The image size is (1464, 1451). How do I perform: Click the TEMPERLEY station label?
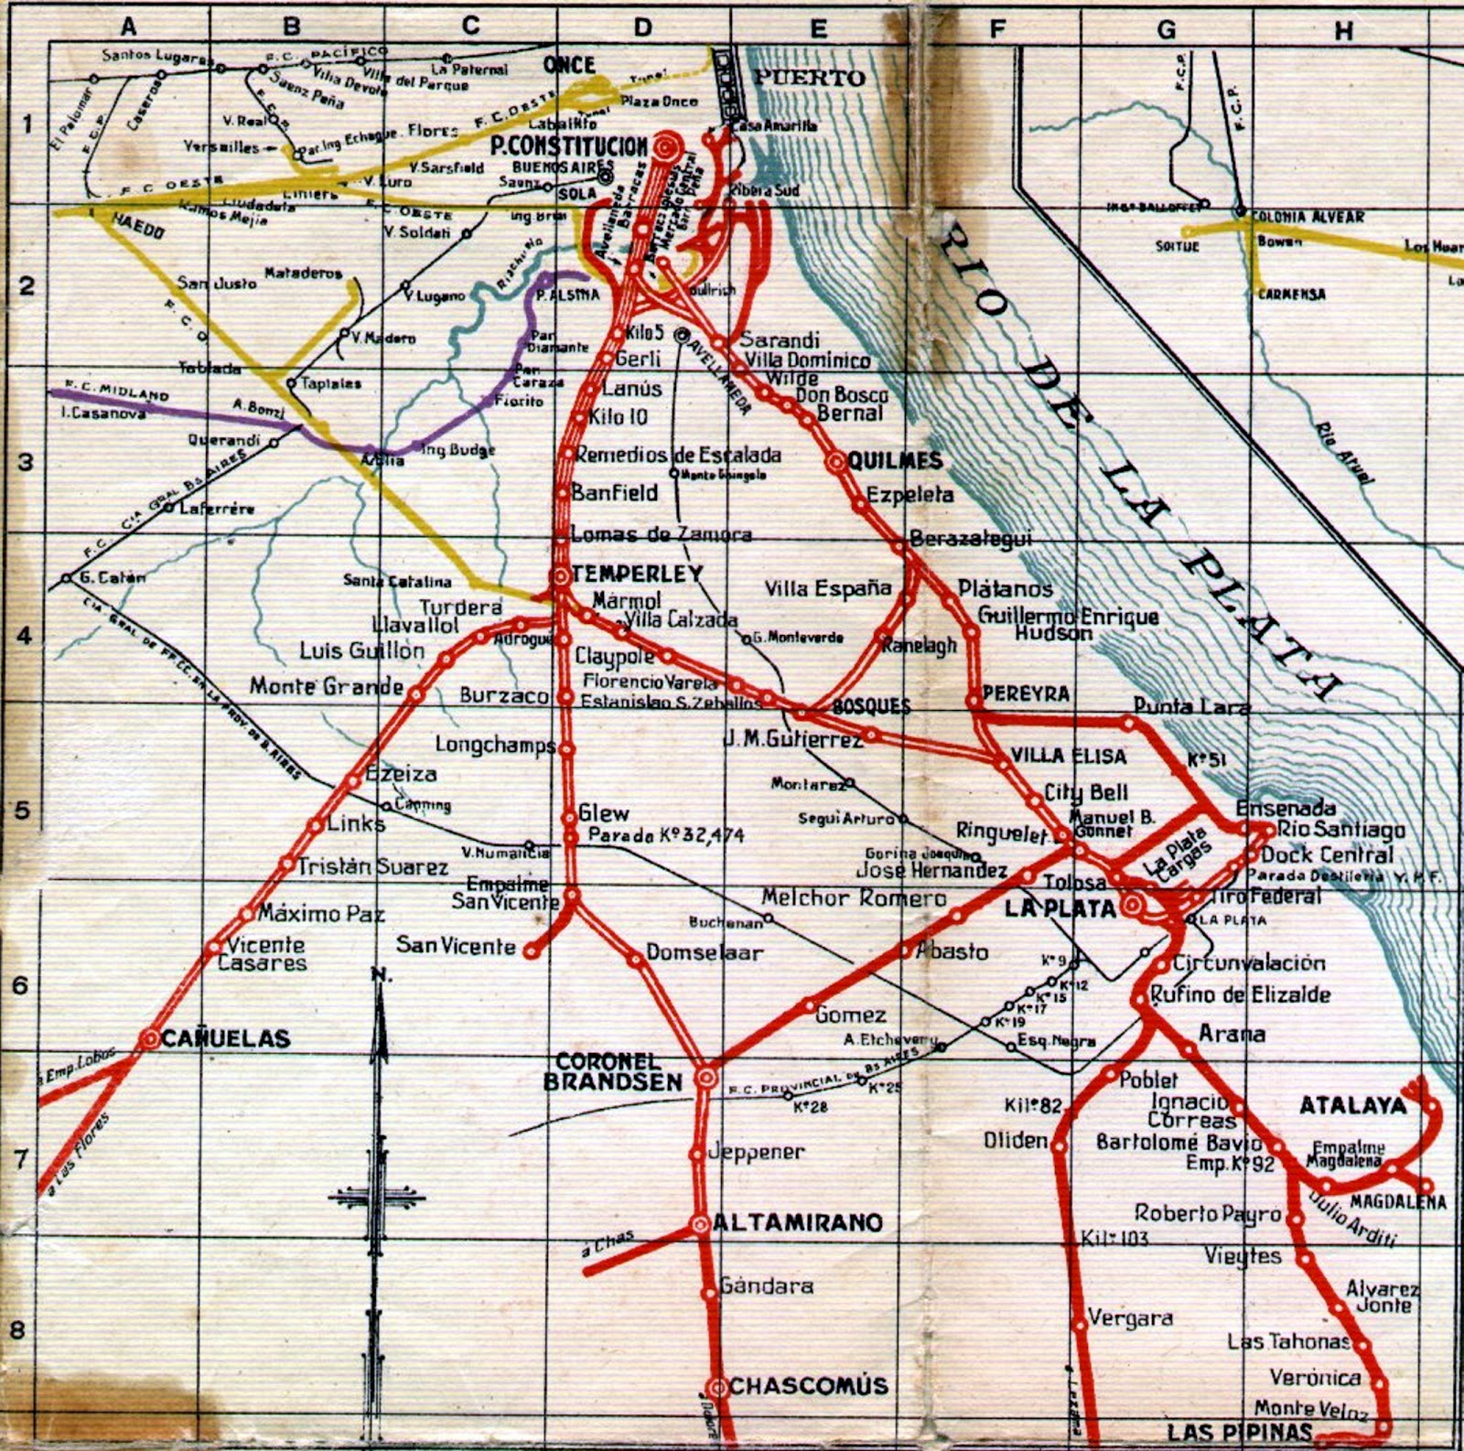tap(637, 575)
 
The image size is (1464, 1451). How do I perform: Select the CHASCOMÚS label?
tap(808, 1386)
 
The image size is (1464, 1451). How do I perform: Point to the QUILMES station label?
tap(894, 460)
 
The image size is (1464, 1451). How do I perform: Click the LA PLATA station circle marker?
tap(1132, 906)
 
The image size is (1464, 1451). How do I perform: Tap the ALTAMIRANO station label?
tap(797, 1222)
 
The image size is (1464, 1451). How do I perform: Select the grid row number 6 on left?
tap(17, 985)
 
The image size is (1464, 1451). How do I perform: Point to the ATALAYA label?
tap(1352, 1105)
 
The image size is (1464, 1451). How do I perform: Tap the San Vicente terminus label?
tap(456, 945)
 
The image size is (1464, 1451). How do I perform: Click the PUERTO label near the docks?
tap(809, 78)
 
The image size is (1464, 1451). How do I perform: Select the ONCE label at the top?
tap(568, 65)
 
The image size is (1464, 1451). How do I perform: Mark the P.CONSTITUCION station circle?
tap(665, 145)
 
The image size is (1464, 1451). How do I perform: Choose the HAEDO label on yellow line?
tap(138, 227)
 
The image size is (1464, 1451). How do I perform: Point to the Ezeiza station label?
tap(401, 774)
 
